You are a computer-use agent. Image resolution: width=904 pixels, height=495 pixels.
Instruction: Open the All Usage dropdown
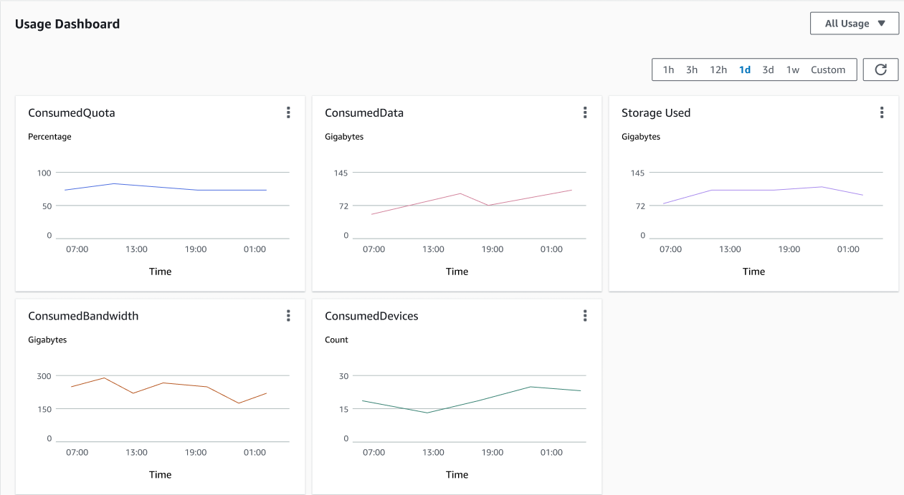click(855, 24)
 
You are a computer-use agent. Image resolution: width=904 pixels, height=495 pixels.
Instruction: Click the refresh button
click(880, 69)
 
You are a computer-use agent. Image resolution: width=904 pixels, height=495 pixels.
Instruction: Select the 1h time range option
click(668, 69)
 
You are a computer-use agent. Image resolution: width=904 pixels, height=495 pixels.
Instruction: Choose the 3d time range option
click(768, 69)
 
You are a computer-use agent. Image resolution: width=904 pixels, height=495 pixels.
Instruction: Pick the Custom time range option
click(828, 69)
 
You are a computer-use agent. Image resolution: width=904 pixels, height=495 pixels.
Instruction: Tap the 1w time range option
click(792, 69)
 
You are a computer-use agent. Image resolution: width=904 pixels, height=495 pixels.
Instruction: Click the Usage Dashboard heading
click(67, 24)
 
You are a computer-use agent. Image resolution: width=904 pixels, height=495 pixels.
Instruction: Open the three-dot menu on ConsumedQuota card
click(288, 112)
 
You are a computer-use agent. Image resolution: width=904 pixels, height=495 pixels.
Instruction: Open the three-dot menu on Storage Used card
click(881, 112)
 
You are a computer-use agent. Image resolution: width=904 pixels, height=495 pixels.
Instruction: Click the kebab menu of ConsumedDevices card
click(585, 316)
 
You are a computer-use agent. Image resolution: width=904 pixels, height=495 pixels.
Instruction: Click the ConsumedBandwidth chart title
click(83, 316)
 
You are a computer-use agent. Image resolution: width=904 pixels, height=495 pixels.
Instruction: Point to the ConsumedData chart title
click(363, 112)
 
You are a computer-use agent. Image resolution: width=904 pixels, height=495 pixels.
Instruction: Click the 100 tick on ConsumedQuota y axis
click(44, 173)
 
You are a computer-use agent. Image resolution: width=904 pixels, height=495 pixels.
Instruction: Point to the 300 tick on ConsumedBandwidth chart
click(44, 376)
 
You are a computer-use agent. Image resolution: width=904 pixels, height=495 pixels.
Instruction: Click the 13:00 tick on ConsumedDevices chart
click(433, 453)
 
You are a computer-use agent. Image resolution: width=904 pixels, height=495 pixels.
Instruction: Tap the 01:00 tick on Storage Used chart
click(848, 249)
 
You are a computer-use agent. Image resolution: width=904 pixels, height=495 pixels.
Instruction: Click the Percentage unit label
click(49, 137)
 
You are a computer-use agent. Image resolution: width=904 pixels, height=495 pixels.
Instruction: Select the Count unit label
click(336, 340)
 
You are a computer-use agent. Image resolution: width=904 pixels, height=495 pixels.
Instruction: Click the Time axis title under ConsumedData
click(457, 271)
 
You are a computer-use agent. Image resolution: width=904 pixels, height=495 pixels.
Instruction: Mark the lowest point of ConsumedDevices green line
click(427, 413)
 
